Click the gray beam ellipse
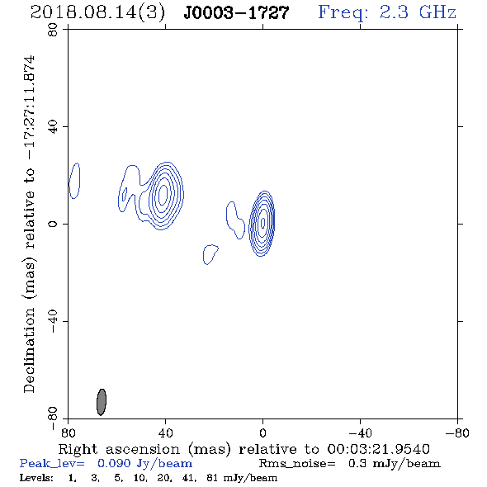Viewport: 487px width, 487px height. tap(102, 402)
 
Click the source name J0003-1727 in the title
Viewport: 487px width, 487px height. tap(236, 12)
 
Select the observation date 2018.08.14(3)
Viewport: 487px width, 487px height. tap(97, 13)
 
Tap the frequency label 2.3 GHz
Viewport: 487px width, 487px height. tap(418, 12)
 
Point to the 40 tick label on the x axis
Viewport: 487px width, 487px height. tap(165, 433)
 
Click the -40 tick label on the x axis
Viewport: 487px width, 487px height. tap(360, 433)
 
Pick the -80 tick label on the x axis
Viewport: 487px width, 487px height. tap(457, 433)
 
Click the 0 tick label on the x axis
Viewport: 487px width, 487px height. tap(262, 433)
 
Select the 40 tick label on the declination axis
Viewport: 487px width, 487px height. tap(53, 127)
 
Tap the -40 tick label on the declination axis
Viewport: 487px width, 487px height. tap(53, 321)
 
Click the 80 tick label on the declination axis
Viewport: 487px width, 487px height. tap(53, 30)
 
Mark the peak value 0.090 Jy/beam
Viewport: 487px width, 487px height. tap(144, 464)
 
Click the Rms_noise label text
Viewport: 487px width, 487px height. tap(297, 464)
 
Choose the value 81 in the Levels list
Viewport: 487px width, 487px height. tap(212, 477)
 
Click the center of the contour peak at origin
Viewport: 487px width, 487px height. tap(262, 222)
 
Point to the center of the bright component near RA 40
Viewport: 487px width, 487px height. tap(163, 194)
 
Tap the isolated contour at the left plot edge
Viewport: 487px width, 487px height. tap(74, 181)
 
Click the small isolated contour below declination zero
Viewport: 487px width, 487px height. tap(210, 254)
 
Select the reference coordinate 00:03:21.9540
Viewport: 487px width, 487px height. tap(378, 449)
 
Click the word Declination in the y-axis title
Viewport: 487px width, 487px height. tap(29, 350)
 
